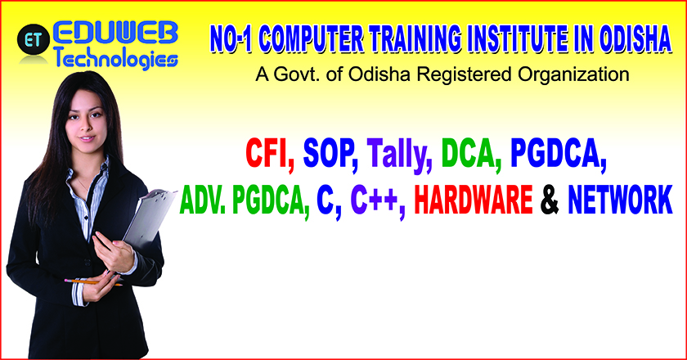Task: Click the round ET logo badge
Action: pyautogui.click(x=34, y=39)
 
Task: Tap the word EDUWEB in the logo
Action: pyautogui.click(x=116, y=34)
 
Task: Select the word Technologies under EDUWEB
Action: pyautogui.click(x=116, y=58)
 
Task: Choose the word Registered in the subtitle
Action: pyautogui.click(x=465, y=74)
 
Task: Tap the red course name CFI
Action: pyautogui.click(x=267, y=154)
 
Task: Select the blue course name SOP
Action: pyautogui.click(x=328, y=154)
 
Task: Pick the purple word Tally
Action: pyautogui.click(x=397, y=155)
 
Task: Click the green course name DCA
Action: pyautogui.click(x=469, y=154)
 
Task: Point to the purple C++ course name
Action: pyautogui.click(x=375, y=200)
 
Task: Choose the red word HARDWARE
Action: pyautogui.click(x=474, y=200)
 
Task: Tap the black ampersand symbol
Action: pyautogui.click(x=550, y=200)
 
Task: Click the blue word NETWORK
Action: pyautogui.click(x=620, y=200)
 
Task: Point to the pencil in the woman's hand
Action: pyautogui.click(x=93, y=282)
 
